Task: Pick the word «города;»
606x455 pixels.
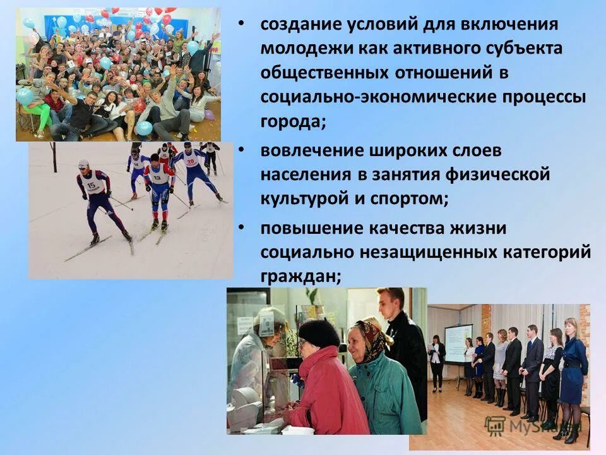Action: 293,121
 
